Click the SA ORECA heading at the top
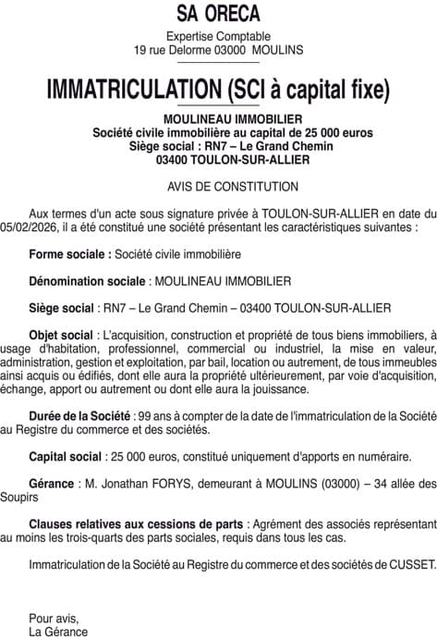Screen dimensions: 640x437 (218, 14)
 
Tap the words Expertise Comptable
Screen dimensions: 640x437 (218, 36)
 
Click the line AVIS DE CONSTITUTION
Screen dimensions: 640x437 (219, 186)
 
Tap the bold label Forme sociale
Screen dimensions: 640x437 (70, 252)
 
